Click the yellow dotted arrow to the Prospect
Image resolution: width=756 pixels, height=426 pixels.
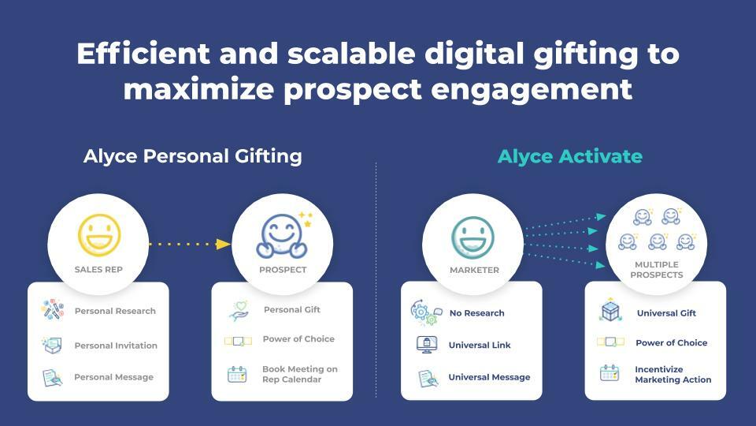pyautogui.click(x=189, y=244)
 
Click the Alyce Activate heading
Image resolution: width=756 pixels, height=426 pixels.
pyautogui.click(x=569, y=156)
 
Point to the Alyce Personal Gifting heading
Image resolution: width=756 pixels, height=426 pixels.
pyautogui.click(x=193, y=156)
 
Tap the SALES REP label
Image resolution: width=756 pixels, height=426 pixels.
pyautogui.click(x=98, y=270)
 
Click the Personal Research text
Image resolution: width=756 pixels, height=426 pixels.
pyautogui.click(x=115, y=311)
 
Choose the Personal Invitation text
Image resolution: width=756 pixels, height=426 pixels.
pyautogui.click(x=116, y=346)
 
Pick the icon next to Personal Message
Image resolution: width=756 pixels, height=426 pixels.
pyautogui.click(x=52, y=378)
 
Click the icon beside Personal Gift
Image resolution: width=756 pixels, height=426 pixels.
pyautogui.click(x=238, y=310)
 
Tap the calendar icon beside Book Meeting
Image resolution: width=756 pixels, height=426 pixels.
pyautogui.click(x=237, y=374)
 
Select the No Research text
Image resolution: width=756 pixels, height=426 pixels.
pyautogui.click(x=476, y=313)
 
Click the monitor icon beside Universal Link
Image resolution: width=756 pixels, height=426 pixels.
pyautogui.click(x=426, y=345)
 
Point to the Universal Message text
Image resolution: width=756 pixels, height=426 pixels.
pyautogui.click(x=489, y=377)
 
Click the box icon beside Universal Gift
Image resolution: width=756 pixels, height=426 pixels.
pyautogui.click(x=610, y=312)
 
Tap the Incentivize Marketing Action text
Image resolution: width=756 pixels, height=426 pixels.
pyautogui.click(x=673, y=375)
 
